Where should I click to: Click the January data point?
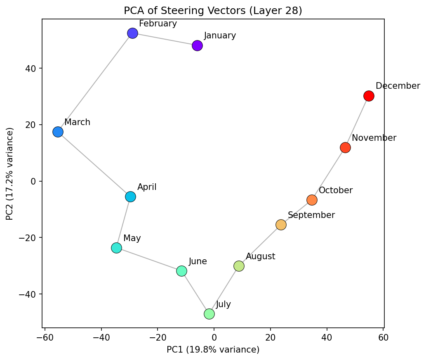coord(197,45)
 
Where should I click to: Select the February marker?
coord(132,33)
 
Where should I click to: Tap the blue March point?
coord(58,132)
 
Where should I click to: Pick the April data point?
coord(130,197)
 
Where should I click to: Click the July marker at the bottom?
coord(209,314)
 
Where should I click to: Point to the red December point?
coord(369,96)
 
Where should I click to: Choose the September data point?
coord(281,225)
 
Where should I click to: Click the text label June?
coord(198,261)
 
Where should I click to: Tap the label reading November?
coord(374,138)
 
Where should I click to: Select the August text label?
coord(260,256)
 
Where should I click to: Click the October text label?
coord(336,190)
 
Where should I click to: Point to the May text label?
coord(132,238)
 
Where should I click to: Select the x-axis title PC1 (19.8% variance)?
coord(213,350)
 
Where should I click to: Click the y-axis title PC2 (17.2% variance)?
coord(9,173)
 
